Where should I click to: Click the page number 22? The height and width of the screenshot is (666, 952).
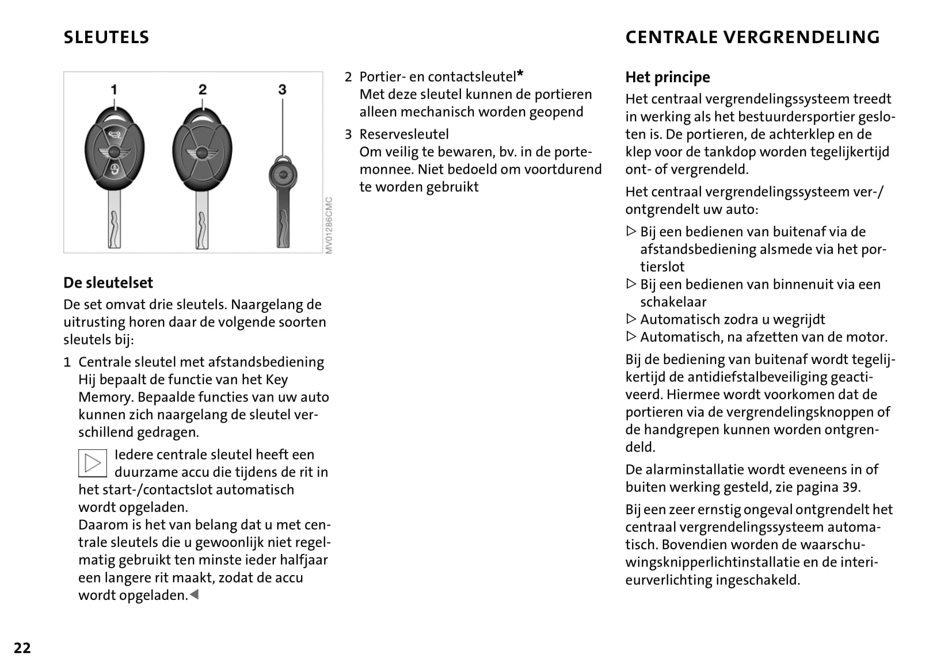(x=22, y=648)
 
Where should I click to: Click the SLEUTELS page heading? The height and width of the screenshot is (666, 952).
(x=106, y=37)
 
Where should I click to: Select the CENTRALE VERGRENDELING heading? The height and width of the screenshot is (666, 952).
(x=752, y=37)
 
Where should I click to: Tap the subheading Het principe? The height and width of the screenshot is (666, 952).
(x=668, y=77)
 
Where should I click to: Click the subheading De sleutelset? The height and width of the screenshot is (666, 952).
(x=108, y=282)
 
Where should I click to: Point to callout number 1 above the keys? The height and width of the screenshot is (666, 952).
(x=114, y=90)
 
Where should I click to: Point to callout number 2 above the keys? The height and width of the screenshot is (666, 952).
(x=202, y=90)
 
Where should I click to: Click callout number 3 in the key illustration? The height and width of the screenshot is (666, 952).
(x=282, y=90)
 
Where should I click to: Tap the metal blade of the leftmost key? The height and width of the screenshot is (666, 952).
(x=115, y=221)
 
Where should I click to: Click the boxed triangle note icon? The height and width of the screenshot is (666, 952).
(x=93, y=463)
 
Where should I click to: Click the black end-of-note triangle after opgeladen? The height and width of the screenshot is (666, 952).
(x=194, y=595)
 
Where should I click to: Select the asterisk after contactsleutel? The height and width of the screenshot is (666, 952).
(x=520, y=74)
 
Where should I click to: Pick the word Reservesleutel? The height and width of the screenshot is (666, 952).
(x=404, y=134)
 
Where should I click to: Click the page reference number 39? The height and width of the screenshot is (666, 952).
(x=850, y=487)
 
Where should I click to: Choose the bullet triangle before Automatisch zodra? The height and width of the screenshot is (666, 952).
(x=631, y=319)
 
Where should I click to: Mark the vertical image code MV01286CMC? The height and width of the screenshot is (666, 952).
(x=329, y=225)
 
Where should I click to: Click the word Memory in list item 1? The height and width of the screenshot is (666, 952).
(x=105, y=397)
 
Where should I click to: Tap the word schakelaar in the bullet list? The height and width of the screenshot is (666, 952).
(x=673, y=301)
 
